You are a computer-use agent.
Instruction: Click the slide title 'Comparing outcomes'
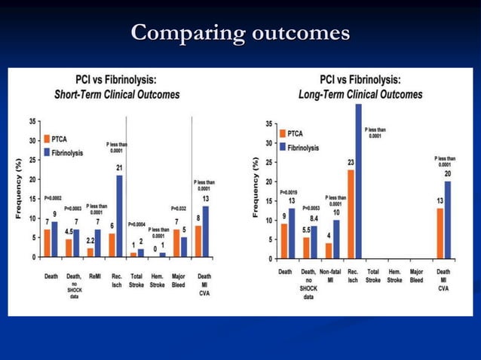click(240, 34)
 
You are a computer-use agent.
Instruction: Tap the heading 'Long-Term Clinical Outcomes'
click(360, 94)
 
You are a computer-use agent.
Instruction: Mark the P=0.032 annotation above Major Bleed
click(179, 209)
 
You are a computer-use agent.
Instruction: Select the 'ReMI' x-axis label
click(93, 276)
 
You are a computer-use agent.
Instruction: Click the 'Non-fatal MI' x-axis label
click(329, 275)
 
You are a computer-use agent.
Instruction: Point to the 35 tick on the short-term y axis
click(32, 121)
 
